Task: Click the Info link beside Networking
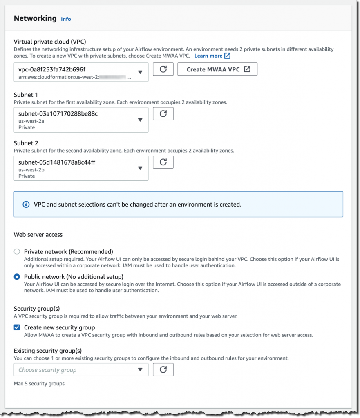(x=66, y=19)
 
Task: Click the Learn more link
(x=208, y=56)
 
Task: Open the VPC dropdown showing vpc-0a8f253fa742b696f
(x=81, y=72)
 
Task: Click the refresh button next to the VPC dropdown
(x=163, y=69)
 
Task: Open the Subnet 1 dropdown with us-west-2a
(x=81, y=120)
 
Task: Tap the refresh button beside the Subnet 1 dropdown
(x=163, y=113)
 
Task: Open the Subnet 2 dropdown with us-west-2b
(x=81, y=169)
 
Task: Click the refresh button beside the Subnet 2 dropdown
(x=163, y=162)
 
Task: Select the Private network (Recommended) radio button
(x=17, y=252)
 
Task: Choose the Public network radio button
(x=17, y=276)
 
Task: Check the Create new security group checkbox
(x=17, y=327)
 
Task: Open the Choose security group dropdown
(x=81, y=370)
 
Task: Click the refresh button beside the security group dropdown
(x=163, y=369)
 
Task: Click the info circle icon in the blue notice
(x=26, y=204)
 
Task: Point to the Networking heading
(x=35, y=18)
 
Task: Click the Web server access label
(x=38, y=235)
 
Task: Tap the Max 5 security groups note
(x=39, y=384)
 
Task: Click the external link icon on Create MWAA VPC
(x=247, y=69)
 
